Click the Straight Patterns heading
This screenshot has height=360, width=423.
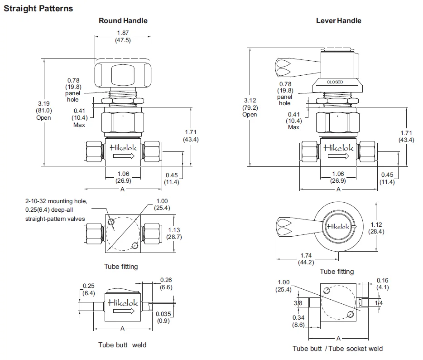pyautogui.click(x=38, y=8)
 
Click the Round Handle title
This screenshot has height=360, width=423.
pyautogui.click(x=123, y=20)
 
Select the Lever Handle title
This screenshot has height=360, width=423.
pyautogui.click(x=338, y=20)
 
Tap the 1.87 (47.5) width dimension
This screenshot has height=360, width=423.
pyautogui.click(x=123, y=36)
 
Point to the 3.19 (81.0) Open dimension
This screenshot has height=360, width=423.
pyautogui.click(x=44, y=110)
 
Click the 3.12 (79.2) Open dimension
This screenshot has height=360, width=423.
pyautogui.click(x=250, y=107)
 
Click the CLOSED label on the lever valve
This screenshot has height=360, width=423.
pyautogui.click(x=335, y=82)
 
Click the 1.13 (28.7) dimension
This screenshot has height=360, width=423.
pyautogui.click(x=174, y=233)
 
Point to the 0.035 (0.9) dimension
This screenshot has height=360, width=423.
pyautogui.click(x=163, y=317)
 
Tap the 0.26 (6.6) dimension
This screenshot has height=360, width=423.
pyautogui.click(x=166, y=283)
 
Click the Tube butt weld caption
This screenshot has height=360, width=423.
pyautogui.click(x=122, y=345)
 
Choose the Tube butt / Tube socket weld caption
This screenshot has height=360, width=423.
pyautogui.click(x=337, y=348)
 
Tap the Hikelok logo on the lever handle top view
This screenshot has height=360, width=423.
pyautogui.click(x=340, y=226)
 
